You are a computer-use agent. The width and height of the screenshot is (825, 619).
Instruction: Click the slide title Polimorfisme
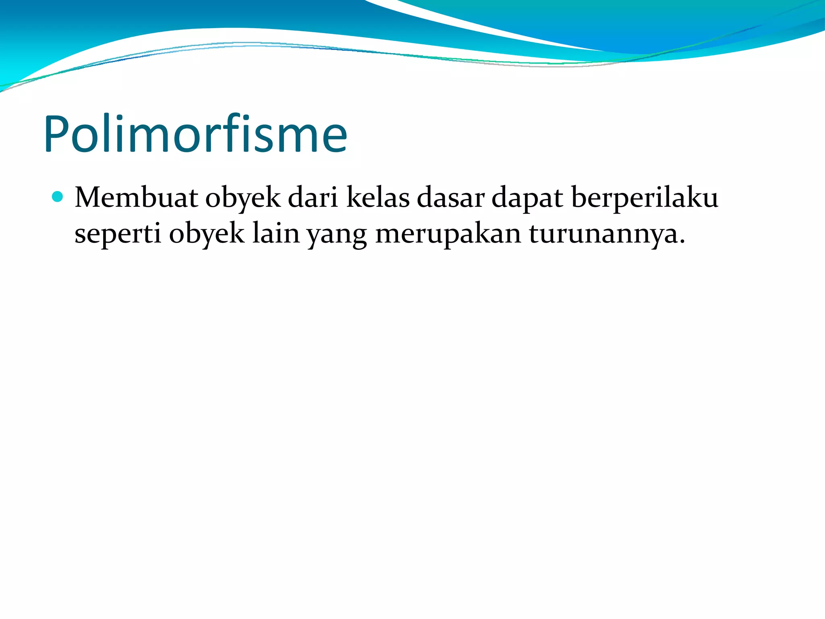[x=195, y=134]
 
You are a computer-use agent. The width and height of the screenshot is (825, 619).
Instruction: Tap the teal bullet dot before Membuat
[x=58, y=197]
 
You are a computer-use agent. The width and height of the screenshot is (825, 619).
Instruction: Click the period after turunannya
[x=682, y=242]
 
